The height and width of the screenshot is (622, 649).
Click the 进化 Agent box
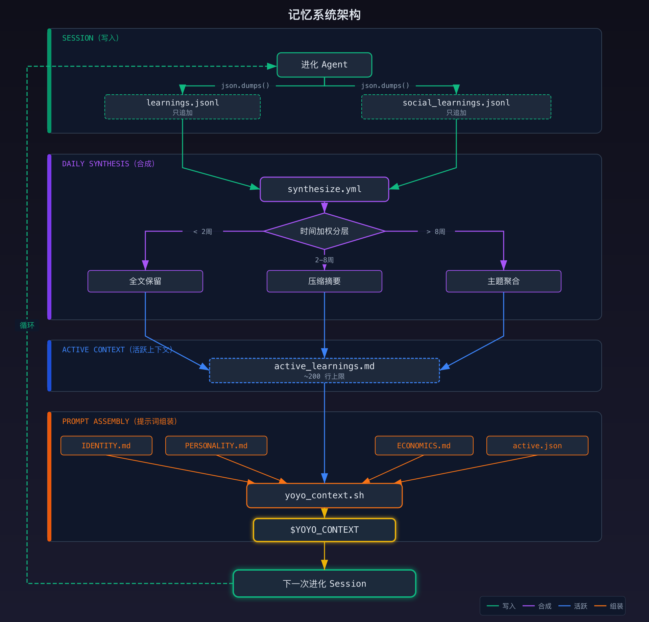(x=324, y=65)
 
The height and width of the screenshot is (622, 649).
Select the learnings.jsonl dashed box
(x=183, y=107)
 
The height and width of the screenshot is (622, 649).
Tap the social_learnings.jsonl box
(x=456, y=107)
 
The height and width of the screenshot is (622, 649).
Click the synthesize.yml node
(x=324, y=189)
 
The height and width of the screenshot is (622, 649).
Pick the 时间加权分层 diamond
(x=324, y=231)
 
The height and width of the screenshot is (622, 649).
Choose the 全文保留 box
(x=145, y=281)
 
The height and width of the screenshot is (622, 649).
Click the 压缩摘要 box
(x=324, y=281)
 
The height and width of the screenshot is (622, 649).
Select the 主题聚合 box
(x=504, y=281)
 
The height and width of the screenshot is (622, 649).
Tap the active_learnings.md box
(x=324, y=370)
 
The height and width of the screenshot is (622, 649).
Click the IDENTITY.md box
(x=106, y=446)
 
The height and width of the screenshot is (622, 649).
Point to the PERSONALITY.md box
(x=216, y=446)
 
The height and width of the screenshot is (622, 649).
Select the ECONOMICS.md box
(x=424, y=446)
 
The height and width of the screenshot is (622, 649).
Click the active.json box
(x=537, y=446)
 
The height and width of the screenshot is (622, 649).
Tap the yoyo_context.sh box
(x=324, y=496)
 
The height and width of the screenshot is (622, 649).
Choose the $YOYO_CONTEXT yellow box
(x=324, y=530)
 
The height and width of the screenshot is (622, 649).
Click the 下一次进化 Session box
(x=324, y=583)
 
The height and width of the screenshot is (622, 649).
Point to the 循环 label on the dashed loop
(x=27, y=325)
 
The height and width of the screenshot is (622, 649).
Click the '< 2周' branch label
(x=203, y=232)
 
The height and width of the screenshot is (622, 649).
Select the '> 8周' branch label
(x=436, y=232)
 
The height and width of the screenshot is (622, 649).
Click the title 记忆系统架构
(x=324, y=15)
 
